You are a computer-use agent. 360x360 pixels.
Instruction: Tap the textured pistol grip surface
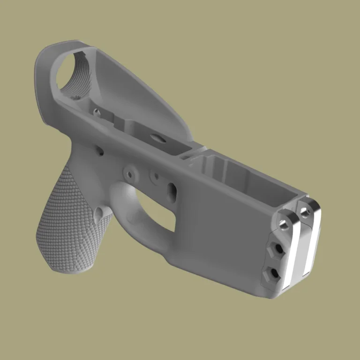tap(66, 220)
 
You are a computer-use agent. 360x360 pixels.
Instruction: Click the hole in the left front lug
tap(285, 225)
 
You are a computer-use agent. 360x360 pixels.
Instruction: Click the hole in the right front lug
tap(306, 214)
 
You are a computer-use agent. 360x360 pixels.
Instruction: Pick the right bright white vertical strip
tap(311, 244)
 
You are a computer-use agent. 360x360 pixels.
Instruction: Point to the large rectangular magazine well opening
tap(234, 176)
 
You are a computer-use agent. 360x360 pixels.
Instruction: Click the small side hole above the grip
tap(100, 151)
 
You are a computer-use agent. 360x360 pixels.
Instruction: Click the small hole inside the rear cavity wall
tap(96, 112)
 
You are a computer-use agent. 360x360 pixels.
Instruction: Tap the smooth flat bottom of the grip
tap(66, 269)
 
